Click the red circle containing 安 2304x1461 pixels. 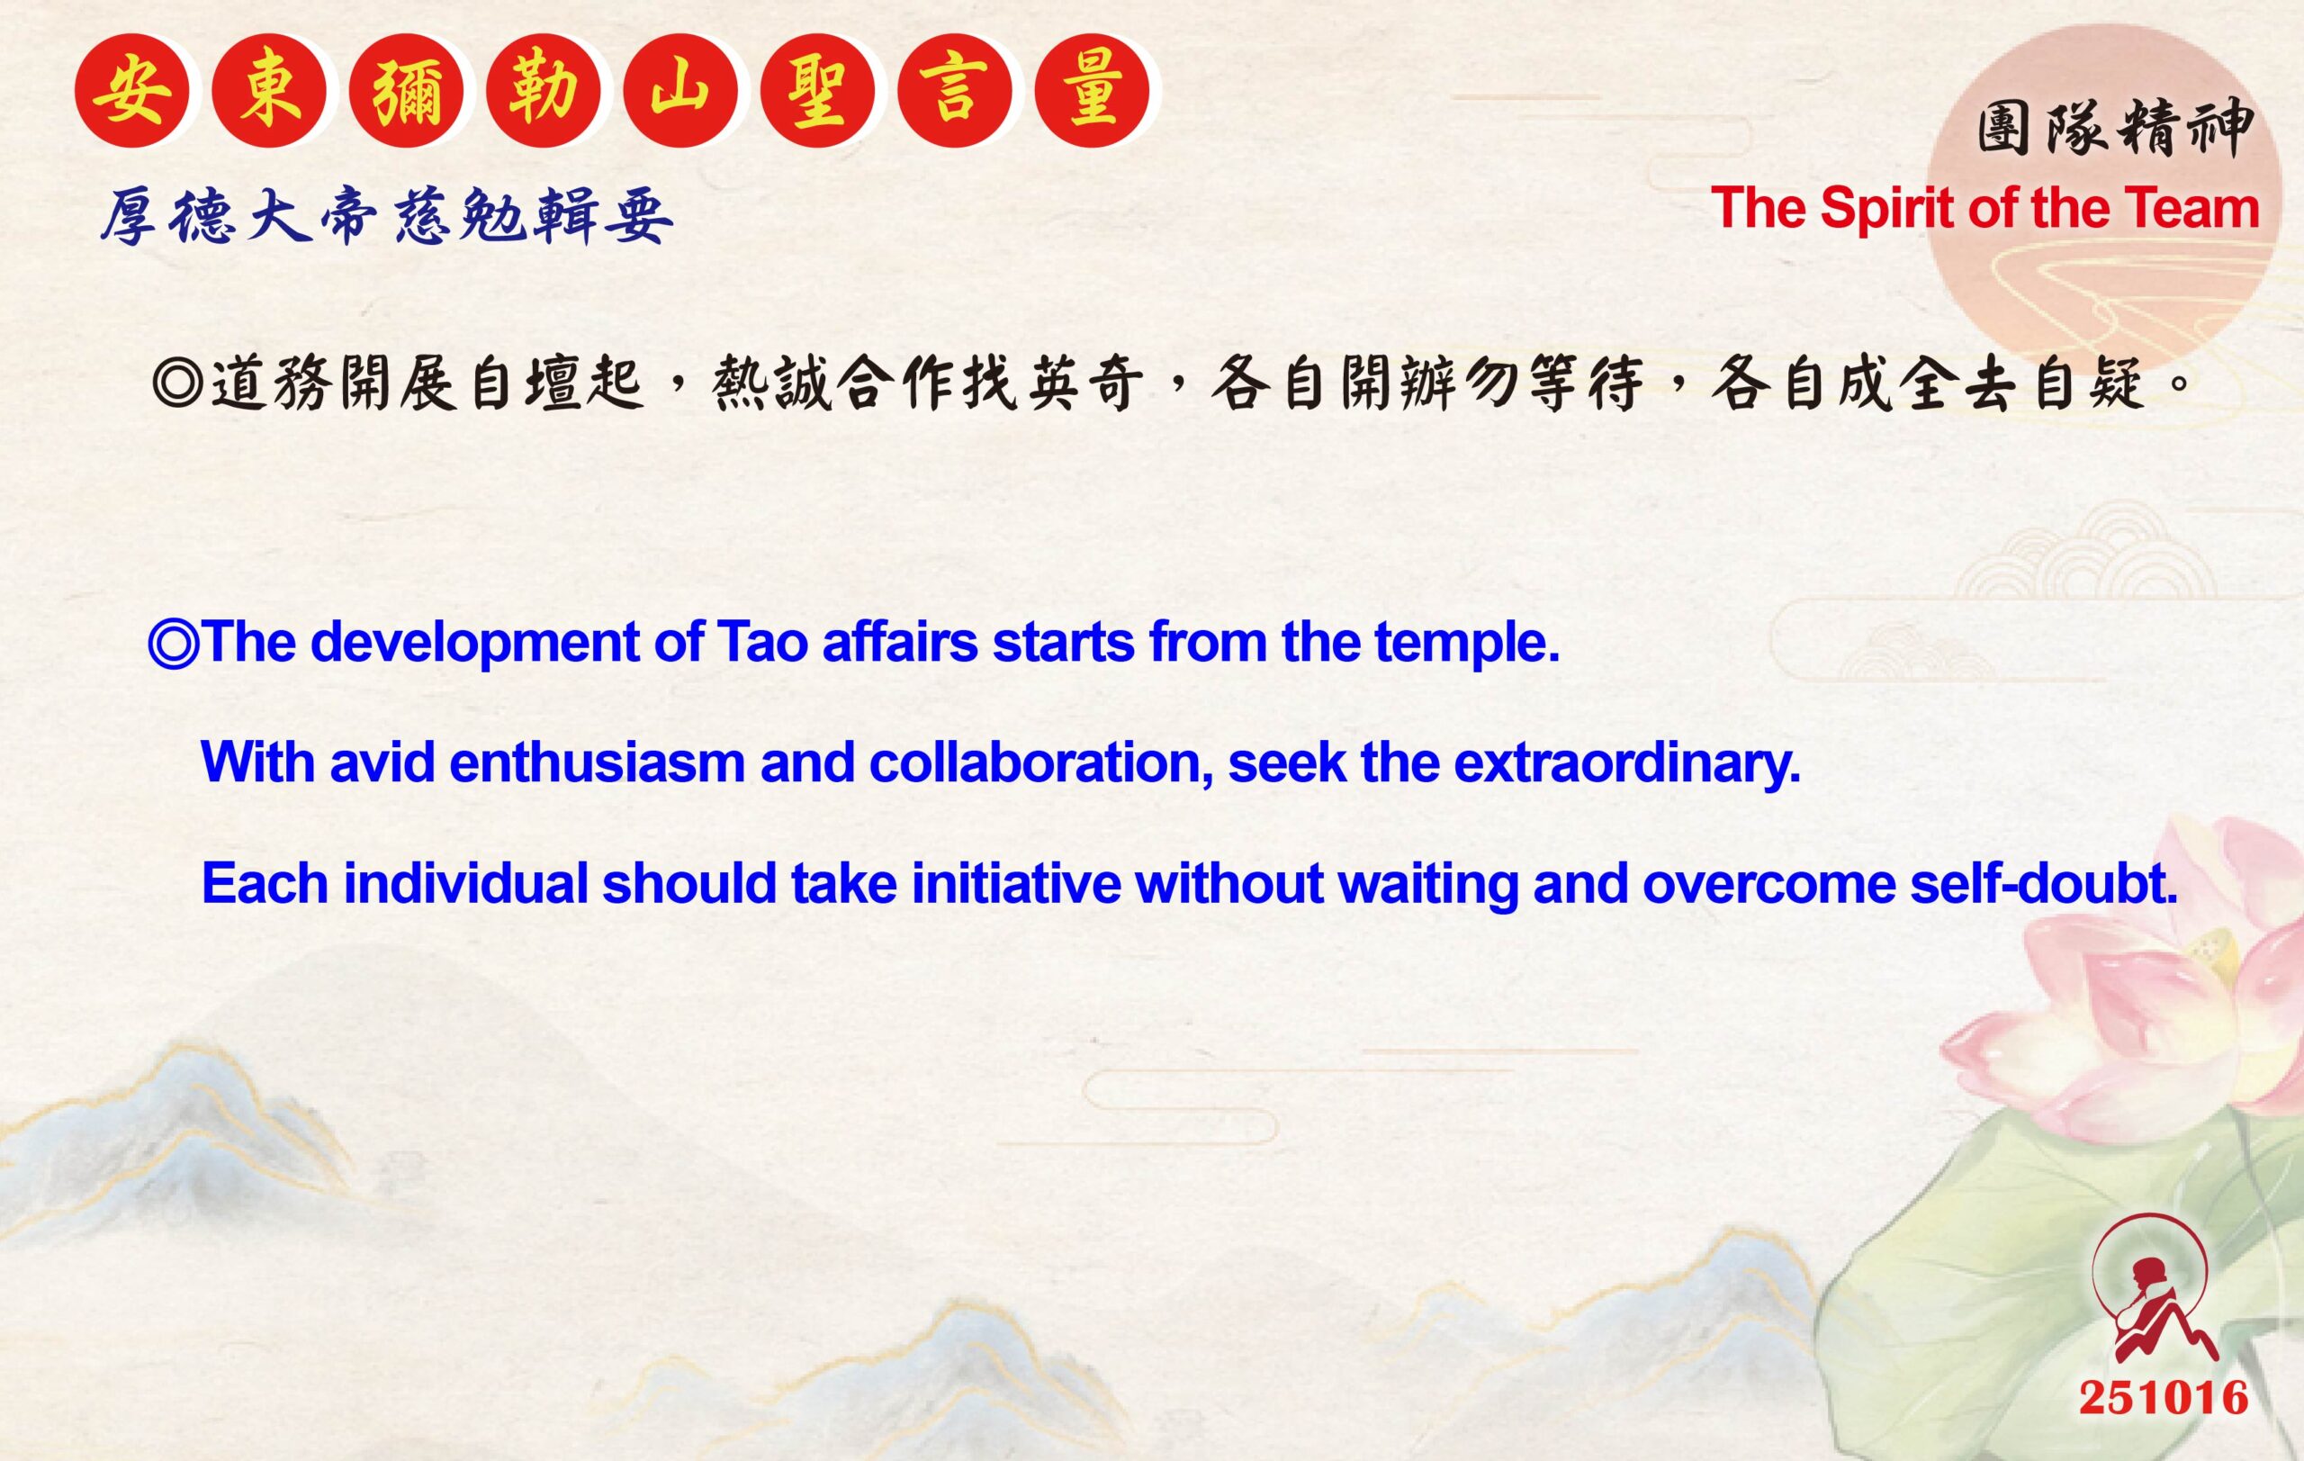click(132, 91)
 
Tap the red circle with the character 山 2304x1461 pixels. click(680, 91)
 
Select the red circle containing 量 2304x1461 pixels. click(1093, 91)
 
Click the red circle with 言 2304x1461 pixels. click(955, 91)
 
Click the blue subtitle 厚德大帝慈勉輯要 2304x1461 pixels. click(387, 216)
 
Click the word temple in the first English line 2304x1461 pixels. click(1468, 643)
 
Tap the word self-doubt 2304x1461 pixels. click(2044, 882)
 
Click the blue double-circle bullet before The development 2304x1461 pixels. click(174, 642)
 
